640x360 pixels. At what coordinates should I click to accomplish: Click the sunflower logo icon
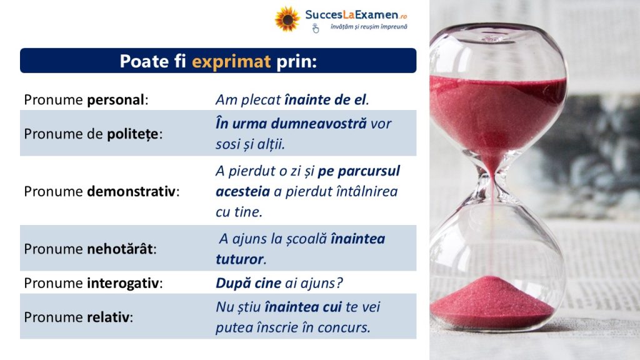click(x=287, y=19)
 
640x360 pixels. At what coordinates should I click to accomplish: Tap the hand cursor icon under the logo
click(x=316, y=28)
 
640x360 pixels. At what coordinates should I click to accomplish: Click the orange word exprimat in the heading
click(x=231, y=62)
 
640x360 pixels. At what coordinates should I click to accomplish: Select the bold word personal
click(x=116, y=99)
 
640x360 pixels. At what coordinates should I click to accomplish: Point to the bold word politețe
click(x=132, y=134)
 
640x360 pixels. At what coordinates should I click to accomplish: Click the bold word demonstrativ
click(x=131, y=191)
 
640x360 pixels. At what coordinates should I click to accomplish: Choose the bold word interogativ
click(x=123, y=283)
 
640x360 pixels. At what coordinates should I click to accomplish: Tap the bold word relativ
click(x=108, y=317)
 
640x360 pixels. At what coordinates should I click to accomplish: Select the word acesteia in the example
click(x=243, y=191)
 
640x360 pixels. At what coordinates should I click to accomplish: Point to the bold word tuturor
click(x=239, y=259)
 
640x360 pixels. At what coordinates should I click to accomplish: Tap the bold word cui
click(x=332, y=307)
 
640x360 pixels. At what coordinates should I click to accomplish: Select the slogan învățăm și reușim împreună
click(x=369, y=27)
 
